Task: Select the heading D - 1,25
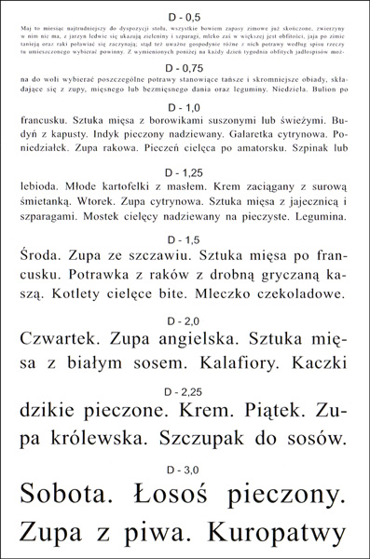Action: tap(185, 173)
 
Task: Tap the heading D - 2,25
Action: tap(185, 390)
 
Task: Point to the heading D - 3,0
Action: tap(185, 468)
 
